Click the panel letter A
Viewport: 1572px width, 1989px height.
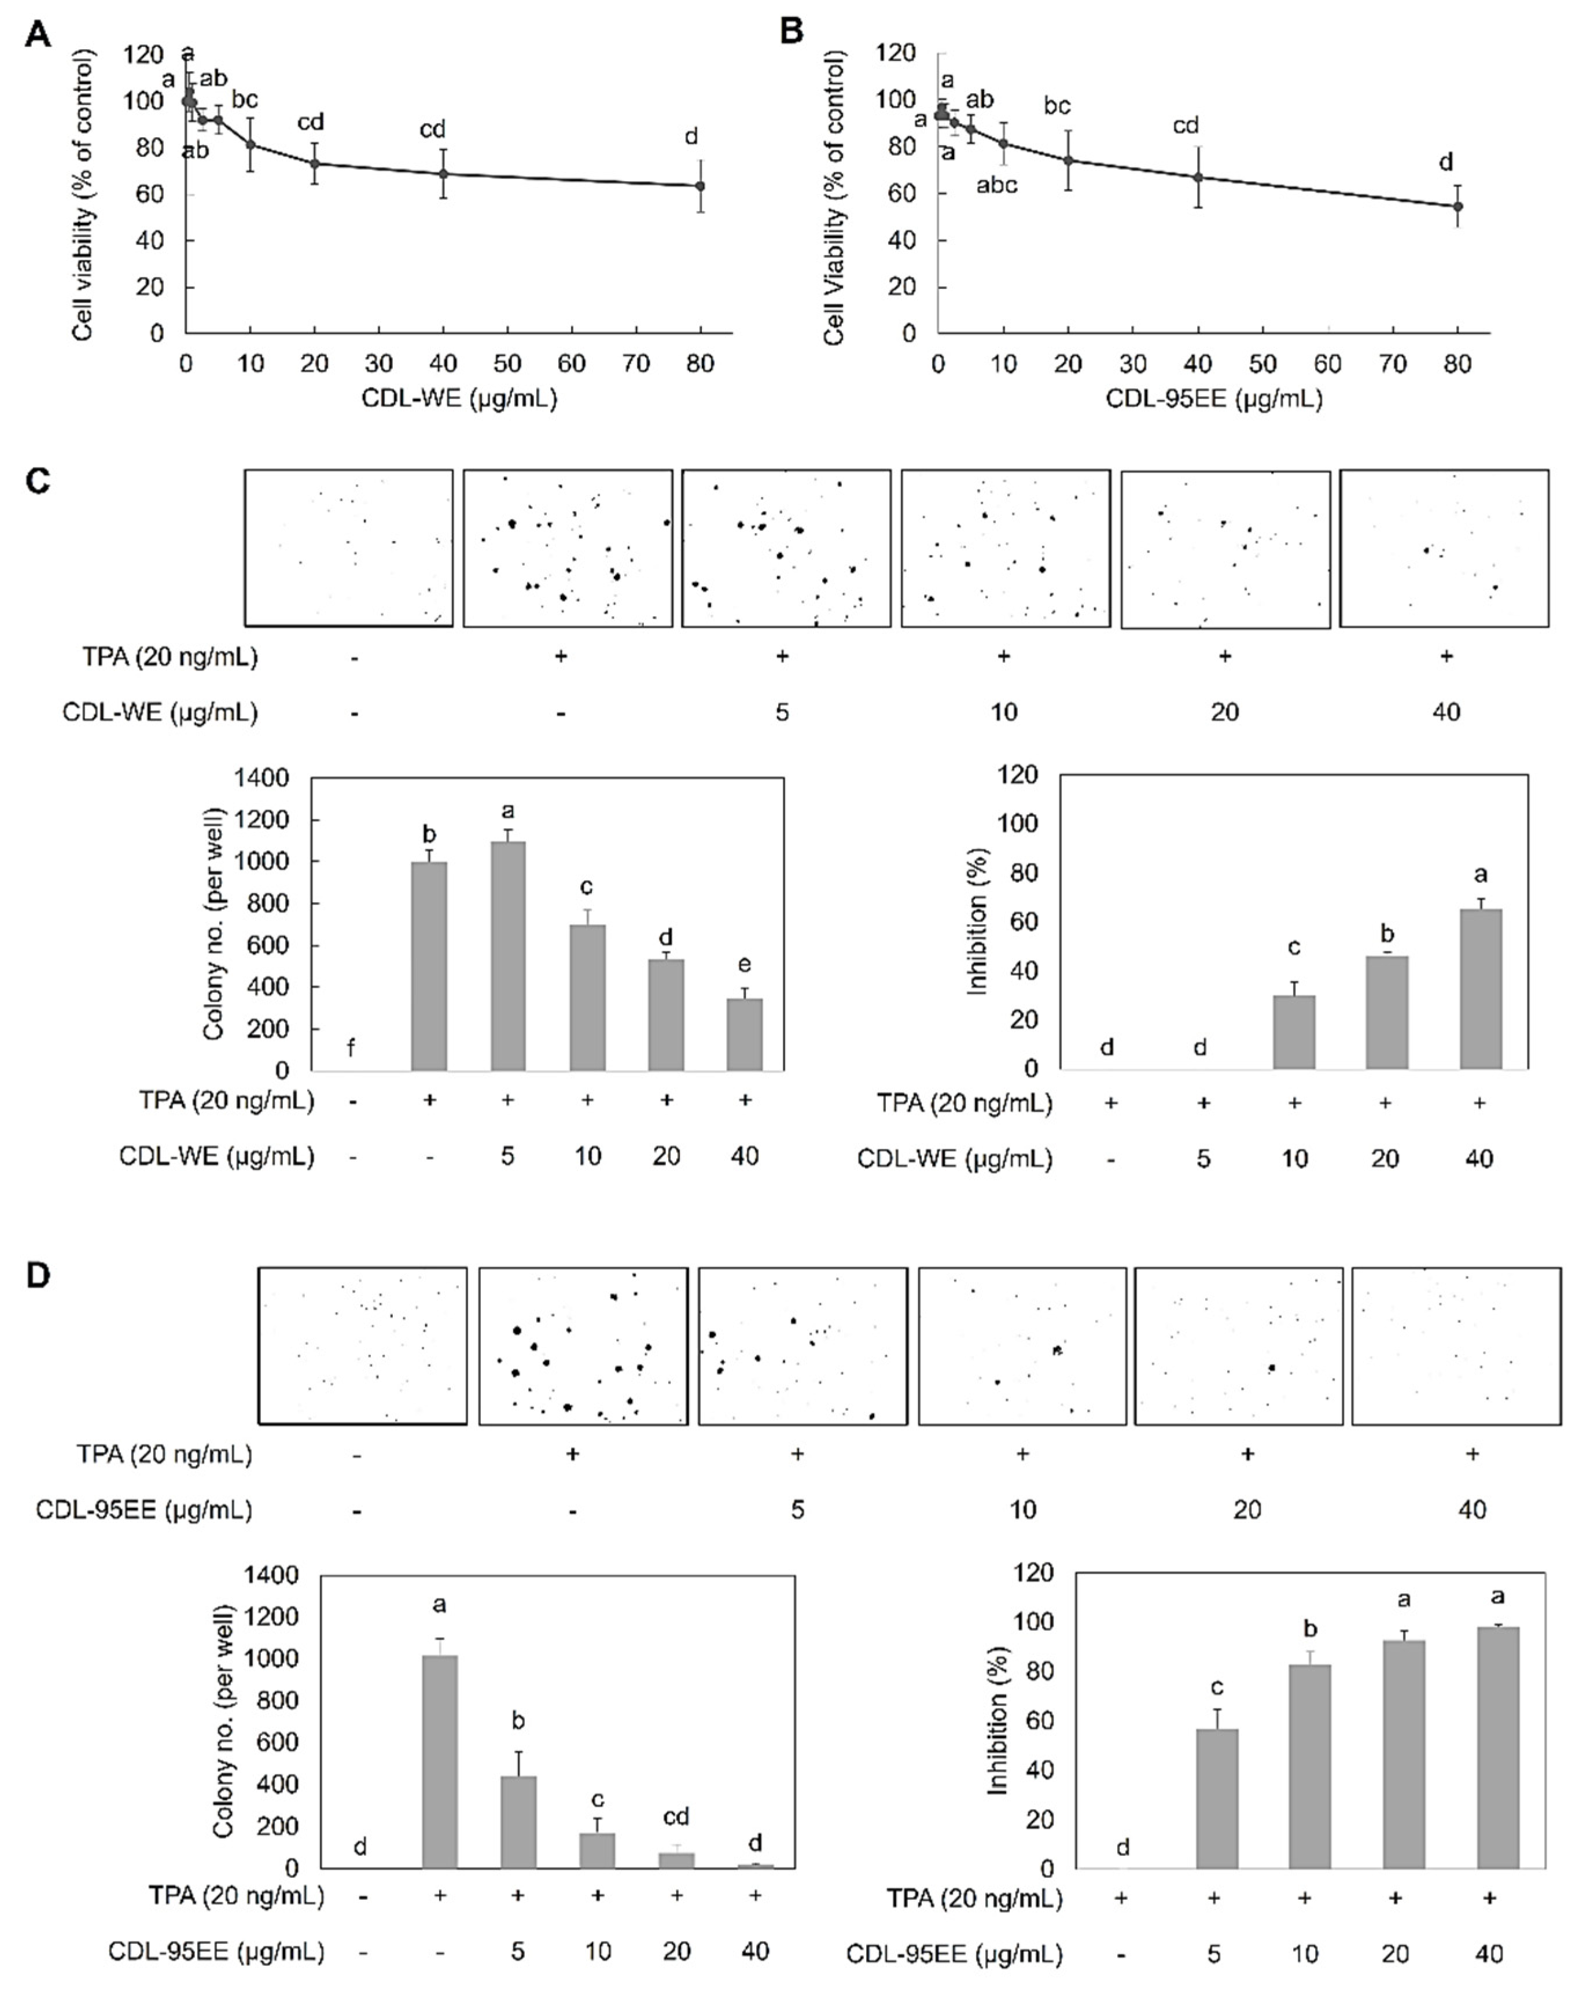(38, 34)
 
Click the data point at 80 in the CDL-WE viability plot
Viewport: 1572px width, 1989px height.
(701, 186)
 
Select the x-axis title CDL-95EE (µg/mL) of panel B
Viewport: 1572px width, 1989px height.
(1213, 399)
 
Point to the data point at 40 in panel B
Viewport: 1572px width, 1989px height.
(1198, 177)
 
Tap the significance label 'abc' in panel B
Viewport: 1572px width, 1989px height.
(997, 186)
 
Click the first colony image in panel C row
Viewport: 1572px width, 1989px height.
(349, 549)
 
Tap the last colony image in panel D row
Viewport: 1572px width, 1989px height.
(1456, 1345)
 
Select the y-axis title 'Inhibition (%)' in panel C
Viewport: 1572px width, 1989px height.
(977, 920)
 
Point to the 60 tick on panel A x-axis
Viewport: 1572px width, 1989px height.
(572, 363)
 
